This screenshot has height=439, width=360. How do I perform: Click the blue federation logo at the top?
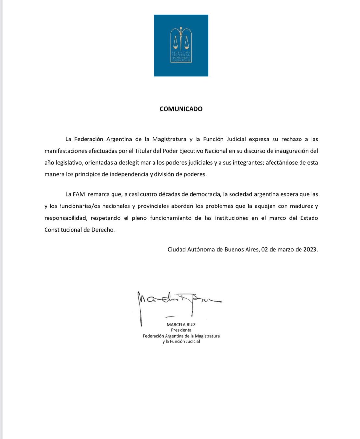181,46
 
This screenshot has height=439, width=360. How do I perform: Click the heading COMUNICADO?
181,109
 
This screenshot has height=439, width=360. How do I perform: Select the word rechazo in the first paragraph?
291,139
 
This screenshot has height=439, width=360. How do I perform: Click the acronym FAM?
79,194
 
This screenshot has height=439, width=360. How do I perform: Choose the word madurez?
301,206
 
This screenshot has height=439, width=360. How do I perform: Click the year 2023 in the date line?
310,250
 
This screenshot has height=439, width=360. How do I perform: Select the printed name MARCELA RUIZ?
181,325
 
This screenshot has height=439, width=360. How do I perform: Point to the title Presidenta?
181,330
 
